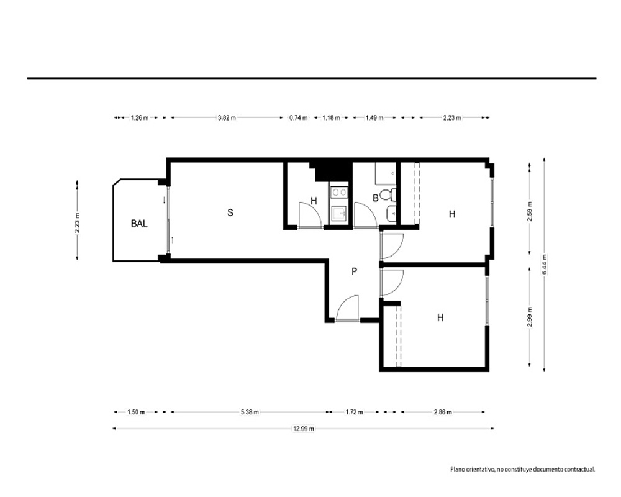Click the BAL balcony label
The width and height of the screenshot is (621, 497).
coord(139,224)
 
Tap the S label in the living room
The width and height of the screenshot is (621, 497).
coord(230,212)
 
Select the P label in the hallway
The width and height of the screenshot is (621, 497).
coord(355,271)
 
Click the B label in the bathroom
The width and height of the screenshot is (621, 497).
coord(376,198)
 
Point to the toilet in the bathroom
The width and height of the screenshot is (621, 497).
coord(387,194)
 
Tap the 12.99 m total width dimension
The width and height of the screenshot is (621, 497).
coord(304,429)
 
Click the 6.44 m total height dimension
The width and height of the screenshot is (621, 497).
coord(544,265)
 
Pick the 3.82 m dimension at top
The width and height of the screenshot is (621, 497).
coord(227,117)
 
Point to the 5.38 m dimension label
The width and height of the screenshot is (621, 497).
coord(250,412)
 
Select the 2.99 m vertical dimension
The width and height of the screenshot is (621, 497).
coord(530,317)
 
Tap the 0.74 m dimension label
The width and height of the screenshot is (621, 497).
coord(298,117)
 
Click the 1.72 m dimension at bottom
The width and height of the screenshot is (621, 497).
coord(354,412)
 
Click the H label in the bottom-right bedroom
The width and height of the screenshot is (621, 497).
coord(440,317)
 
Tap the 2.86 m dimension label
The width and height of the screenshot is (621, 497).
coord(442,412)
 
